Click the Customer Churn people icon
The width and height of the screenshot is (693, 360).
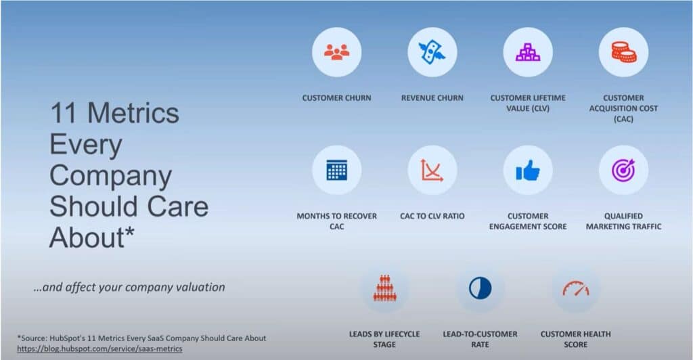pyautogui.click(x=337, y=52)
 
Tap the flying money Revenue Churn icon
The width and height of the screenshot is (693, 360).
pyautogui.click(x=432, y=52)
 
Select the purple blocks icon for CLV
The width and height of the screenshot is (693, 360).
pyautogui.click(x=528, y=52)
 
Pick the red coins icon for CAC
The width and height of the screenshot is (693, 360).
pyautogui.click(x=623, y=52)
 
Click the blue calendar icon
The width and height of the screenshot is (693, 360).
pyautogui.click(x=337, y=170)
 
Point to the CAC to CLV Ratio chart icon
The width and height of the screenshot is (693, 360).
pyautogui.click(x=432, y=170)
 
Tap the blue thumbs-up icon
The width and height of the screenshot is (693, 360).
pyautogui.click(x=528, y=171)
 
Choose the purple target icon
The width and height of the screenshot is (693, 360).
pyautogui.click(x=623, y=170)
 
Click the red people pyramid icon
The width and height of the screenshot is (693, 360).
pyautogui.click(x=384, y=288)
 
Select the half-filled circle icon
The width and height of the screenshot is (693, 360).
pyautogui.click(x=480, y=288)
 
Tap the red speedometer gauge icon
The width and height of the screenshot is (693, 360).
pyautogui.click(x=575, y=288)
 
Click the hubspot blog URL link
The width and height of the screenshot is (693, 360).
pyautogui.click(x=100, y=348)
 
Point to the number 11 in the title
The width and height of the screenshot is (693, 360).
pyautogui.click(x=66, y=113)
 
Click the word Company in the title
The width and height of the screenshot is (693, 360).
pyautogui.click(x=110, y=176)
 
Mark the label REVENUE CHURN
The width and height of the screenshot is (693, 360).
pyautogui.click(x=432, y=98)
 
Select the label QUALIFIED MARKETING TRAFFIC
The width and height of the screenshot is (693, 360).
pyautogui.click(x=623, y=221)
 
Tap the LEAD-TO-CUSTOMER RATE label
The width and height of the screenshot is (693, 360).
pyautogui.click(x=480, y=339)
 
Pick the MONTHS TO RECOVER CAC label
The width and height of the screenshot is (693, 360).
pyautogui.click(x=337, y=221)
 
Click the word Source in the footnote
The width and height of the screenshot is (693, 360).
pyautogui.click(x=34, y=338)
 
